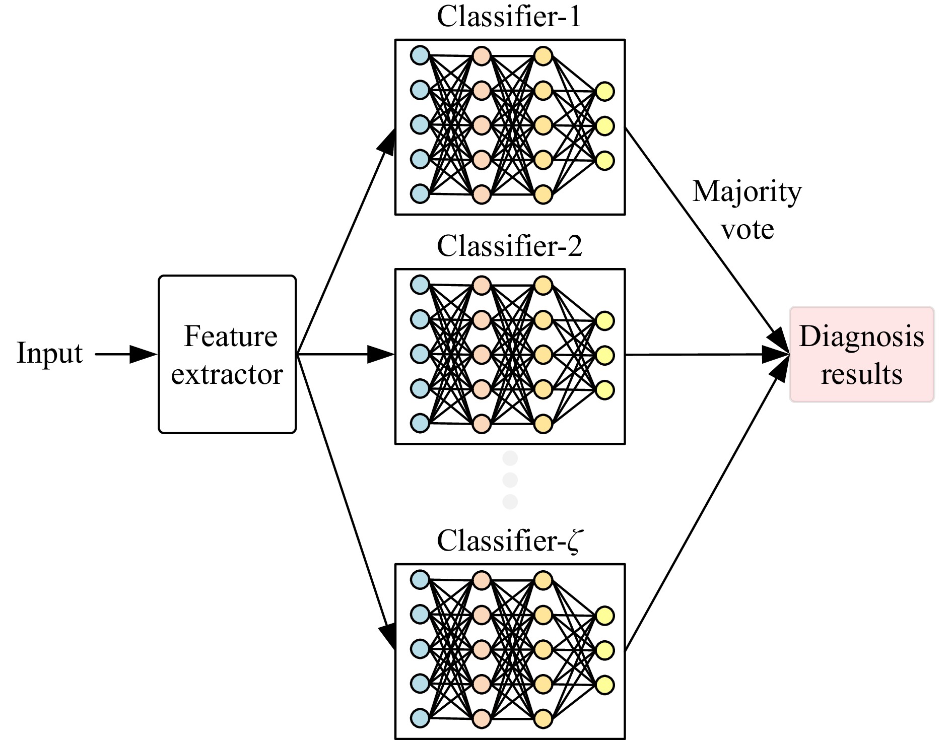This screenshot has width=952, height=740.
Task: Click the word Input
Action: click(49, 353)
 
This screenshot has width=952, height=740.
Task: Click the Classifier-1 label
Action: click(509, 17)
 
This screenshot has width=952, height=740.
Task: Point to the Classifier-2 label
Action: click(509, 246)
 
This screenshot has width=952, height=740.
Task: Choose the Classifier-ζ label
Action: click(509, 541)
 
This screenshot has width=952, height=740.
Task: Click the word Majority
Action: click(747, 192)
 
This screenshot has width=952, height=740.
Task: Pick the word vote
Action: click(747, 230)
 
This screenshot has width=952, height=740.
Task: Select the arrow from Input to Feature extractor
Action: click(126, 354)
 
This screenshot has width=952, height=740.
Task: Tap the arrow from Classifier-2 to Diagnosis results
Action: click(705, 355)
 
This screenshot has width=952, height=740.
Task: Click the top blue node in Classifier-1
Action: click(420, 55)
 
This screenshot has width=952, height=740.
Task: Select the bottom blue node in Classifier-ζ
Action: click(420, 718)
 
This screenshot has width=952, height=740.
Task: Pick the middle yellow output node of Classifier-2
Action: click(604, 355)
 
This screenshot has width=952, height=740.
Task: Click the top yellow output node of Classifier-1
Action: click(604, 92)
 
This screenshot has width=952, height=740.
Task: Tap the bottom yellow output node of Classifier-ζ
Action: click(604, 685)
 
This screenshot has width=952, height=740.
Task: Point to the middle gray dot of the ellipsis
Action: click(510, 480)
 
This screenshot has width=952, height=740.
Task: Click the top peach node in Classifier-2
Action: click(482, 286)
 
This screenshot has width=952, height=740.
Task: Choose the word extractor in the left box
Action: click(227, 375)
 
